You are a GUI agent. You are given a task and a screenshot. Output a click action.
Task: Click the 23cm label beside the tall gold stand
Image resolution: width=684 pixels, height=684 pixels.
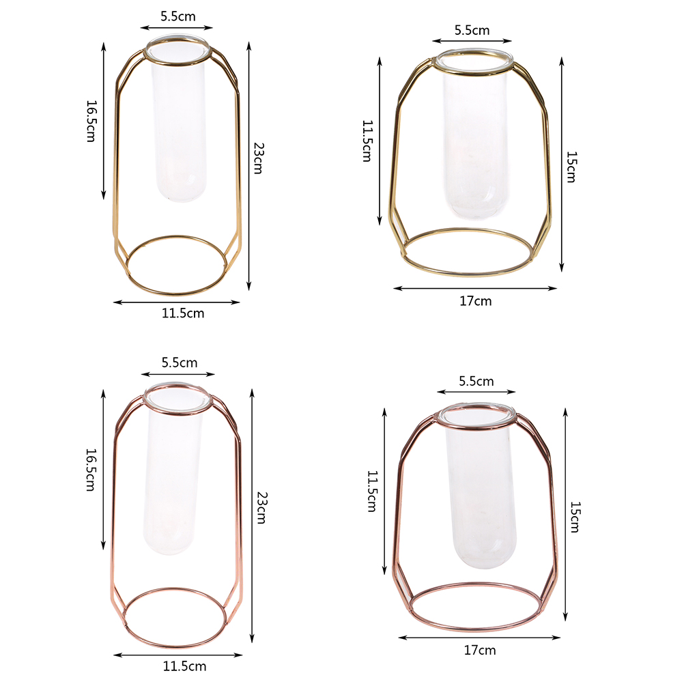coord(258,158)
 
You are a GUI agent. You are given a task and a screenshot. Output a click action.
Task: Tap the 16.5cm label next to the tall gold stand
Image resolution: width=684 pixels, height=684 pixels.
coord(91,121)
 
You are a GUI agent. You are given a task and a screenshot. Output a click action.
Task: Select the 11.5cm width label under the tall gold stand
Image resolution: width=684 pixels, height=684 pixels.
coord(183,313)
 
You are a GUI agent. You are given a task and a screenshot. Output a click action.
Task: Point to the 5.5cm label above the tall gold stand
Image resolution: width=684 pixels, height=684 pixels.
coord(178,16)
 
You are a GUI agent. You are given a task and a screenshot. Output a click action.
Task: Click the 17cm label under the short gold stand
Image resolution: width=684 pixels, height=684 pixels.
coord(476,301)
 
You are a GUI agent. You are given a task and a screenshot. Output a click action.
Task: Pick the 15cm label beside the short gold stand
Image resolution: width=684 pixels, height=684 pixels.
coord(571,167)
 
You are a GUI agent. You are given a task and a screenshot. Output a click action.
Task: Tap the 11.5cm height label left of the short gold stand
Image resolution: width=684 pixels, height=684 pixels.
coord(367,141)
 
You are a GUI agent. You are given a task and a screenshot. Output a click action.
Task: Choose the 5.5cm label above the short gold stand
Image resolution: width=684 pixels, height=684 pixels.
coord(472,30)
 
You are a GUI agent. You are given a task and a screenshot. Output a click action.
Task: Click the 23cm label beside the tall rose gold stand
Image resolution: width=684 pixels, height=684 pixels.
coord(261,507)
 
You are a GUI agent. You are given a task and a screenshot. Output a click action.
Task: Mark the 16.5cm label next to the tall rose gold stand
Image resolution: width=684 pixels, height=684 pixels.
coord(90,470)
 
